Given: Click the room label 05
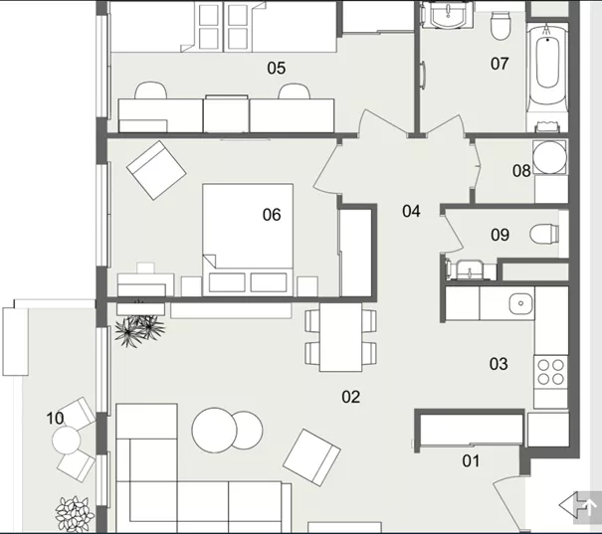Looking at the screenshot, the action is (x=277, y=69).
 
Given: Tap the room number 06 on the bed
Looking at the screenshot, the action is (x=272, y=215).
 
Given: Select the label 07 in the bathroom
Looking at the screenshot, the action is (x=500, y=64).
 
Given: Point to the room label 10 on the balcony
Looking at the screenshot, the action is (x=55, y=419).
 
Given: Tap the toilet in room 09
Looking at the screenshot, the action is (x=544, y=234).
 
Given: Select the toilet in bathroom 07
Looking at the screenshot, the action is (x=502, y=26).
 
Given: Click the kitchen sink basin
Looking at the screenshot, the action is (x=521, y=303).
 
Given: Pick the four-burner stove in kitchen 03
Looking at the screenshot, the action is (x=550, y=372).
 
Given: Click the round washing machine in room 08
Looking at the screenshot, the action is (x=550, y=157).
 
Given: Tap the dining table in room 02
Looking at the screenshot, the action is (x=340, y=337).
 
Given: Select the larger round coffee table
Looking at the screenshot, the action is (x=215, y=430).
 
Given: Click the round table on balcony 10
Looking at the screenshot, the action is (x=67, y=440).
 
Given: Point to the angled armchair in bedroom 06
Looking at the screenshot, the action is (x=156, y=170).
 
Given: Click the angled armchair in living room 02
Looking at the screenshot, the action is (x=311, y=457).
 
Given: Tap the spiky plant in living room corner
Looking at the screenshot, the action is (x=140, y=327).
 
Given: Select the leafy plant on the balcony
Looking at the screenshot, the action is (x=75, y=513).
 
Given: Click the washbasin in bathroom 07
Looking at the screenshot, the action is (x=448, y=15).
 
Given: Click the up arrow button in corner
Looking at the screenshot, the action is (x=588, y=508).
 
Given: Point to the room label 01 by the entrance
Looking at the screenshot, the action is (x=471, y=461).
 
